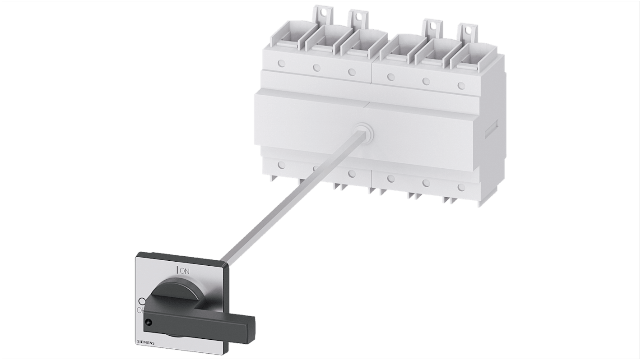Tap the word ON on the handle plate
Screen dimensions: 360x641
pyautogui.click(x=185, y=271)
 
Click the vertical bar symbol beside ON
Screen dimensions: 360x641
pyautogui.click(x=177, y=270)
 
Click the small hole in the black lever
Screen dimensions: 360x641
pyautogui.click(x=148, y=322)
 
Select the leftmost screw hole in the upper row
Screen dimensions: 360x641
pyautogui.click(x=282, y=64)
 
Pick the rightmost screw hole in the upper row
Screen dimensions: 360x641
pyautogui.click(x=461, y=85)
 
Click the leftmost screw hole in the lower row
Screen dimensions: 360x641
pyautogui.click(x=282, y=165)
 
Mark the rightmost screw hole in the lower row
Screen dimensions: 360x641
pyautogui.click(x=461, y=187)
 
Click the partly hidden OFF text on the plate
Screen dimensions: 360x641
pyautogui.click(x=140, y=310)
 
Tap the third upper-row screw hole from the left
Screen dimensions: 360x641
pyautogui.click(x=352, y=72)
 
